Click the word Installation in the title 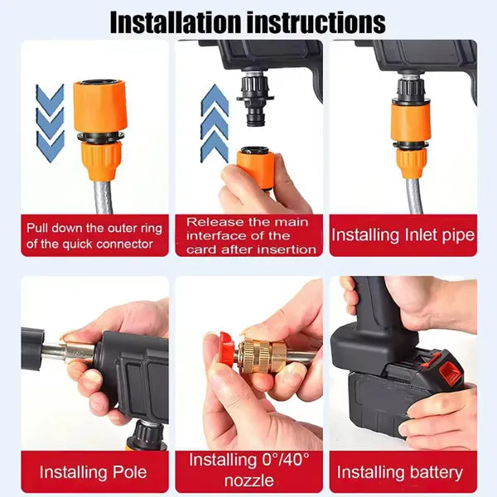pyautogui.click(x=177, y=22)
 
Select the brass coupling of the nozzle pyautogui.click(x=263, y=355)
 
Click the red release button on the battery pyautogui.click(x=448, y=371)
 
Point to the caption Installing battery pyautogui.click(x=400, y=472)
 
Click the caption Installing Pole pyautogui.click(x=94, y=472)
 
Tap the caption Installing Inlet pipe pyautogui.click(x=403, y=235)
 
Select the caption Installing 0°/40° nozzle pyautogui.click(x=249, y=470)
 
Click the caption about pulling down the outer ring pyautogui.click(x=94, y=236)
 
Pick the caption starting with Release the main pyautogui.click(x=251, y=236)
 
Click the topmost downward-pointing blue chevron pyautogui.click(x=50, y=99)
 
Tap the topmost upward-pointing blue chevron pyautogui.click(x=215, y=99)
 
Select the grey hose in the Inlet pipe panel pyautogui.click(x=414, y=196)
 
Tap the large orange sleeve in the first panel pyautogui.click(x=100, y=107)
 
